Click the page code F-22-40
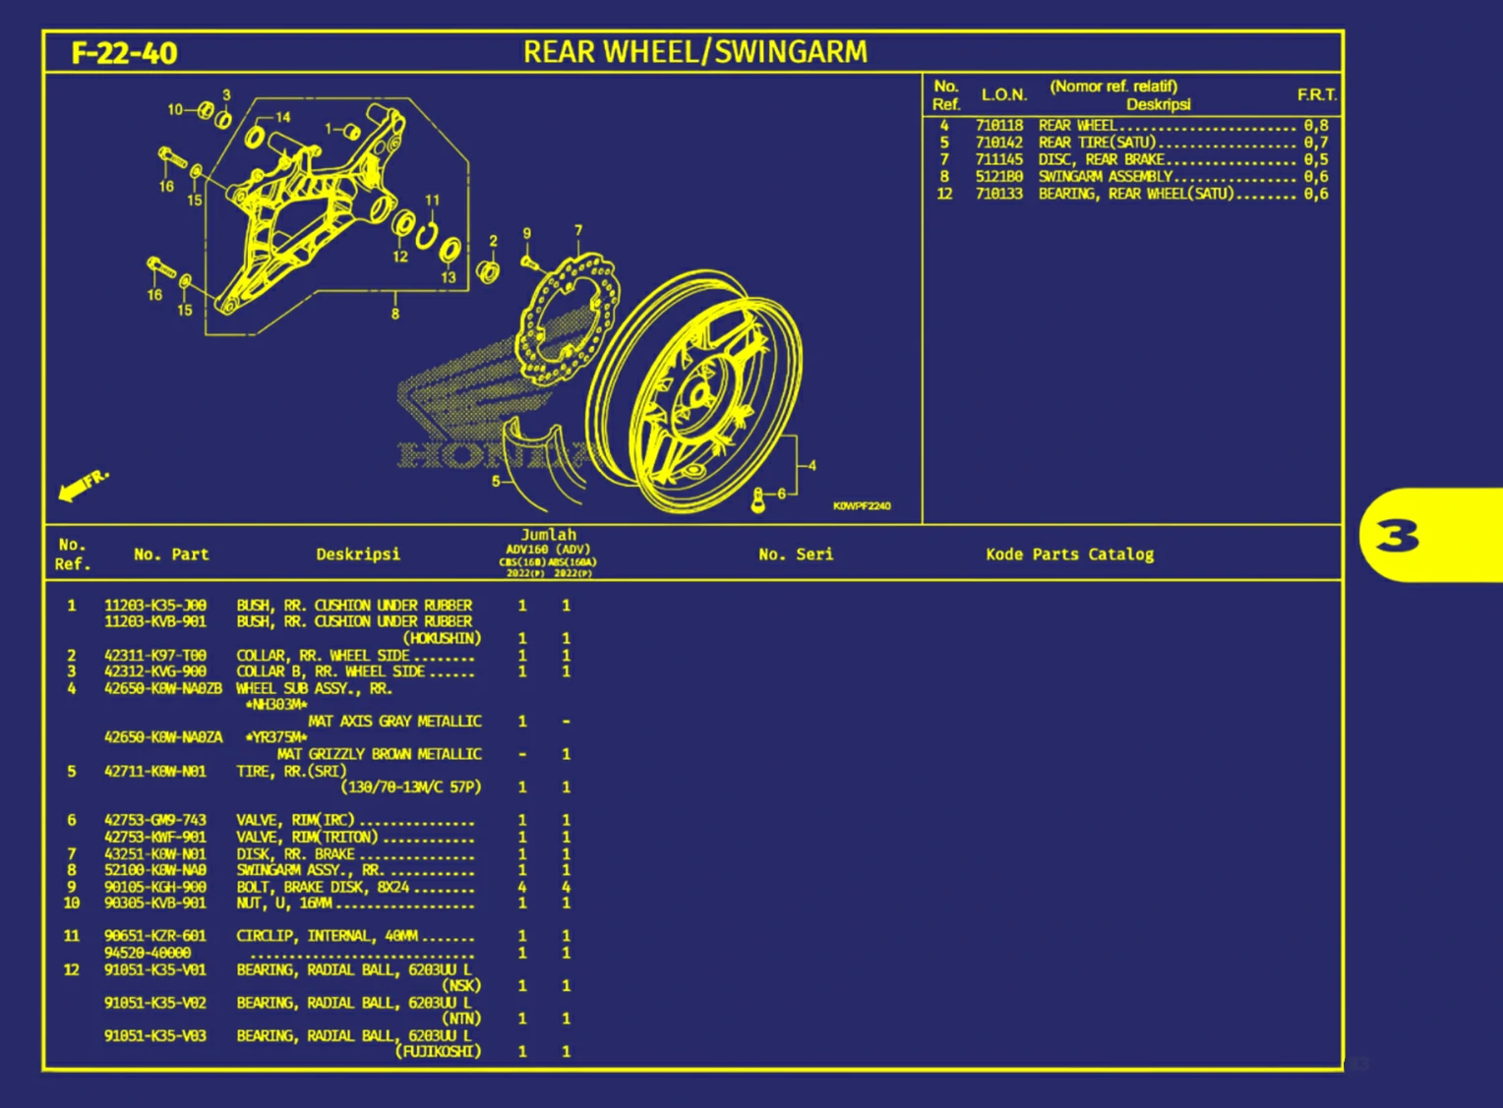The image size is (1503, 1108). pyautogui.click(x=124, y=53)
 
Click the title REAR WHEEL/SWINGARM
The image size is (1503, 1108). pyautogui.click(x=694, y=52)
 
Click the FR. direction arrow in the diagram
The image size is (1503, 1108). pyautogui.click(x=83, y=485)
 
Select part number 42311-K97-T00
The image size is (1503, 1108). pyautogui.click(x=155, y=656)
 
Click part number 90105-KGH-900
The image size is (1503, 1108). pyautogui.click(x=155, y=887)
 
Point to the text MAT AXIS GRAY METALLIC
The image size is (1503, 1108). pyautogui.click(x=394, y=722)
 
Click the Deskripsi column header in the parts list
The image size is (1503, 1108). pyautogui.click(x=358, y=554)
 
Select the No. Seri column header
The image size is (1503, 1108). pyautogui.click(x=796, y=554)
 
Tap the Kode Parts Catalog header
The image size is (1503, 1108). pyautogui.click(x=1069, y=554)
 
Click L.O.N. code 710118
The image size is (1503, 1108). pyautogui.click(x=999, y=126)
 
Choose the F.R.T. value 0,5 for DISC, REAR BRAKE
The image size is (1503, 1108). pyautogui.click(x=1316, y=159)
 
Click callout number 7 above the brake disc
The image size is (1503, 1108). pyautogui.click(x=578, y=231)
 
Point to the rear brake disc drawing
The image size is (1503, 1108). pyautogui.click(x=569, y=320)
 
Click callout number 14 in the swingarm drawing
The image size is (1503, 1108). pyautogui.click(x=283, y=117)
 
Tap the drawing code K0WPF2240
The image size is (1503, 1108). pyautogui.click(x=862, y=506)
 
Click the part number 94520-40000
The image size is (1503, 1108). pyautogui.click(x=148, y=953)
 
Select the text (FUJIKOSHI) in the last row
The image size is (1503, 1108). pyautogui.click(x=439, y=1052)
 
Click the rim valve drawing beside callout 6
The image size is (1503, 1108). pyautogui.click(x=757, y=500)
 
